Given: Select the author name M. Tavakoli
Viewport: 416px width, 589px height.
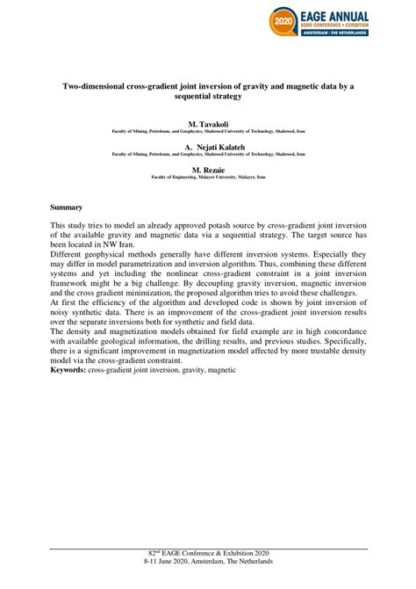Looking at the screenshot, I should click(207, 126).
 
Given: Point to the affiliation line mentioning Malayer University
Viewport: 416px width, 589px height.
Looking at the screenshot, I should click(207, 176).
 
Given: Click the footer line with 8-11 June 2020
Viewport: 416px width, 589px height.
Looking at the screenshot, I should click(207, 581).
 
